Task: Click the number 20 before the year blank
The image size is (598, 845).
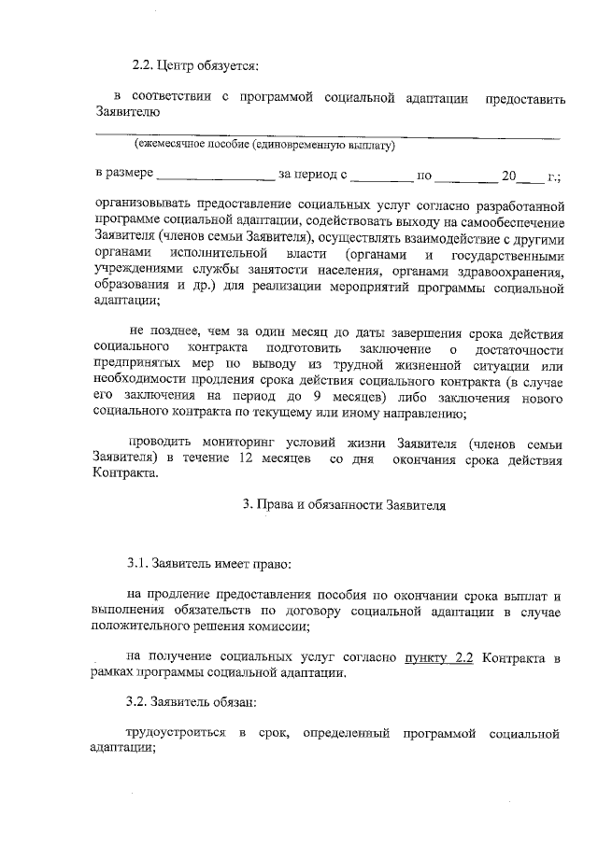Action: pyautogui.click(x=508, y=175)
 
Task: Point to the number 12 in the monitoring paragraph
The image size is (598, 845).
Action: pyautogui.click(x=246, y=458)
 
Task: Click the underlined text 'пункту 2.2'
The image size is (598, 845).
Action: pyautogui.click(x=438, y=656)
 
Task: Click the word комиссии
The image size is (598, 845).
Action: pyautogui.click(x=281, y=627)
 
